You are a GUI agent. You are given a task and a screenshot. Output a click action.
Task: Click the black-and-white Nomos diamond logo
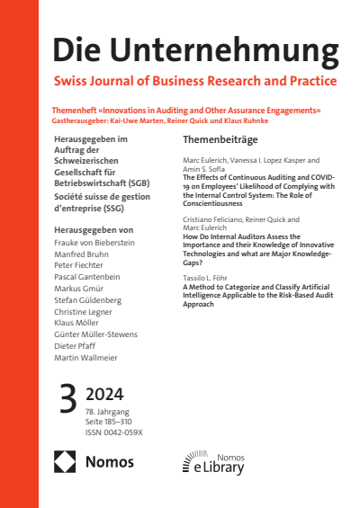click(x=66, y=462)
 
